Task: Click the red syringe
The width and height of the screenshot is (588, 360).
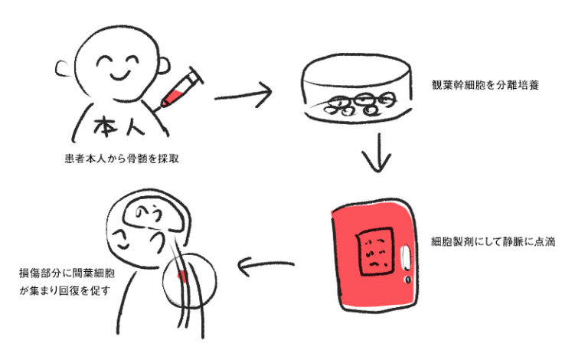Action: tap(181, 90)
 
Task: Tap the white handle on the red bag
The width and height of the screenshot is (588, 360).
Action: tap(405, 259)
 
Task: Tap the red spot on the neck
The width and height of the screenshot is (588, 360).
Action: tap(181, 273)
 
